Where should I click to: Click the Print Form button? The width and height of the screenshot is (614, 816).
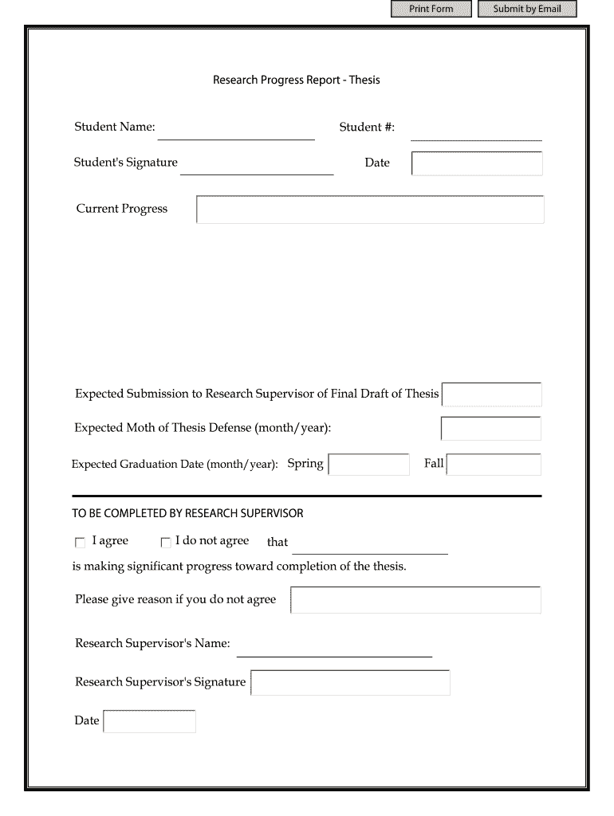[431, 9]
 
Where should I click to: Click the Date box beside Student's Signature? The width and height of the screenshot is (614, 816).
[477, 163]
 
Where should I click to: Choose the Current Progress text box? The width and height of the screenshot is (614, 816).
[370, 210]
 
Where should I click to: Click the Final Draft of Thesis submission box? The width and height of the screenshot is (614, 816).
[491, 394]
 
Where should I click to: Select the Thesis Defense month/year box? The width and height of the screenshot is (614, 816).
[491, 429]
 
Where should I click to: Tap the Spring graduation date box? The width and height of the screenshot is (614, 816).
[368, 465]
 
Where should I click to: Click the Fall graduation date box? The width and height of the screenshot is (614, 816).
[494, 465]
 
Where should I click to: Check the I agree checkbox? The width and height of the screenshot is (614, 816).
[80, 543]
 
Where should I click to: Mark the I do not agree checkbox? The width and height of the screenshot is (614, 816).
[166, 543]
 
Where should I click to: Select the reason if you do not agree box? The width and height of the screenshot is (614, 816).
[415, 600]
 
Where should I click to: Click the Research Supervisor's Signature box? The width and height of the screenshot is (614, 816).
[350, 683]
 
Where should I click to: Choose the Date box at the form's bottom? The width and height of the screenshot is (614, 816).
[150, 722]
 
